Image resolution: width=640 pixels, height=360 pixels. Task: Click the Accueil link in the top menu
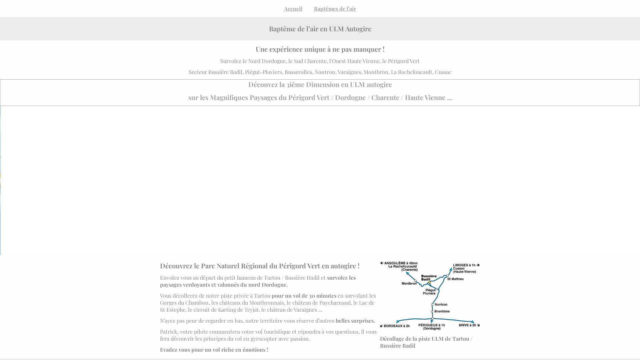pos(293,9)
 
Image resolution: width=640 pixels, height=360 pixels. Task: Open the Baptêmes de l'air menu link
pos(335,9)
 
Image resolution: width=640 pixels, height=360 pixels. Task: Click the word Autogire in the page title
pos(358,29)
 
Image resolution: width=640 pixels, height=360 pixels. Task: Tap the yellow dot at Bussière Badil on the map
pos(430,283)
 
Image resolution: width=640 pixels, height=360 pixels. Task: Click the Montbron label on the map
pos(409,284)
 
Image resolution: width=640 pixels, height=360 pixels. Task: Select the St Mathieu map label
pos(455,279)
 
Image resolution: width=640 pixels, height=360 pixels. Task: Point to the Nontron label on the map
pos(441,304)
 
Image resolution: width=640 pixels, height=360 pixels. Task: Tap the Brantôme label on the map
pos(442,311)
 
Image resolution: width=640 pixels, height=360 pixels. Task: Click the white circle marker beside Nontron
pos(432,304)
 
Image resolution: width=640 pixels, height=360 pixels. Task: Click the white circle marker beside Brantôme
pos(432,312)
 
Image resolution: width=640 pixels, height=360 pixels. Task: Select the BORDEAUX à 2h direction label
pos(397,326)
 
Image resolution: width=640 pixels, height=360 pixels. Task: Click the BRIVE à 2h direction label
pos(467,325)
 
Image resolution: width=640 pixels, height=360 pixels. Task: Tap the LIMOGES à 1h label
pos(464,265)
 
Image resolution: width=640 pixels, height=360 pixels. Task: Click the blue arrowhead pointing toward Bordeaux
pos(398,322)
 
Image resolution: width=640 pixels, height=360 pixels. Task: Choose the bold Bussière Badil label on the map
pos(429,278)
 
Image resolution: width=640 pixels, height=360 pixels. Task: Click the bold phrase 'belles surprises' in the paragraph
pos(355,321)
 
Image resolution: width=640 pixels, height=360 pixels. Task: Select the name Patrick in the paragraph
pos(168,332)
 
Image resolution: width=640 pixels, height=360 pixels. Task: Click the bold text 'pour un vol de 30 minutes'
pos(304,296)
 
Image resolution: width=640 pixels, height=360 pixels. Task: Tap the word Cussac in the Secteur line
pos(443,72)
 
